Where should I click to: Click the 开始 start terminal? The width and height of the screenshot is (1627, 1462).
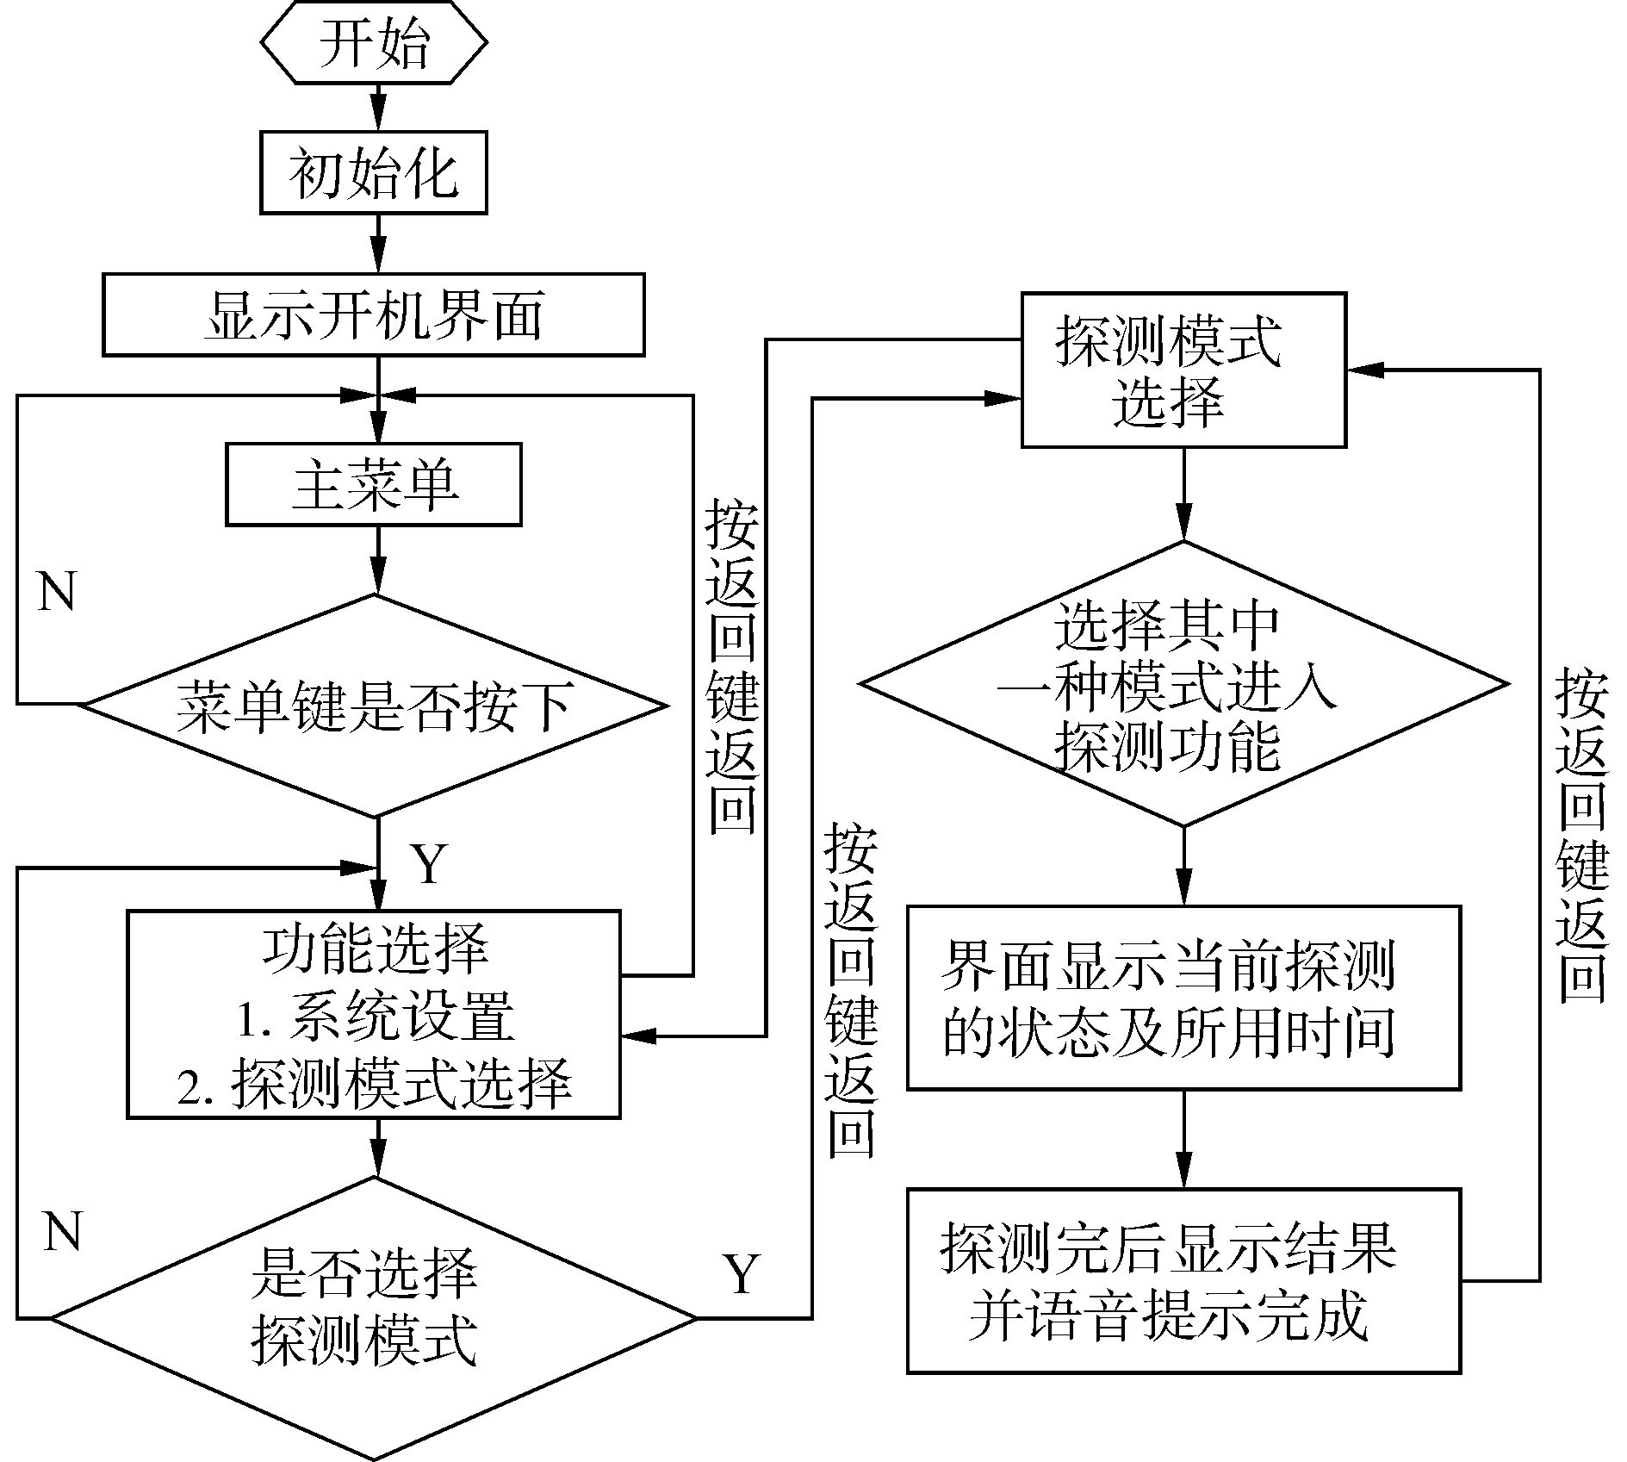(x=374, y=43)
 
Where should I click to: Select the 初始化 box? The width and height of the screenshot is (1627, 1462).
(x=374, y=172)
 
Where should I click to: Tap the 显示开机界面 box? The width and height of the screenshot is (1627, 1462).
(x=374, y=314)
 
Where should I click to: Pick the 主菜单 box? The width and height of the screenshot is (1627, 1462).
(x=374, y=484)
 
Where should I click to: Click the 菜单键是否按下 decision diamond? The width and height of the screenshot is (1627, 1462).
(x=374, y=706)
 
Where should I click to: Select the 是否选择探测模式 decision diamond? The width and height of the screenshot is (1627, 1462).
(x=374, y=1317)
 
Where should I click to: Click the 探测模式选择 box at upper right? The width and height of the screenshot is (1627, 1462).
(x=1183, y=370)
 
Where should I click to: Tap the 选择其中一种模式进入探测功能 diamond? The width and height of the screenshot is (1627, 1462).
(x=1183, y=684)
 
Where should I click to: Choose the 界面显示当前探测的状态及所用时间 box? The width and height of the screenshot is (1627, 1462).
(x=1183, y=998)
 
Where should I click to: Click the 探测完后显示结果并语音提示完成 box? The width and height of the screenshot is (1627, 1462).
(x=1183, y=1281)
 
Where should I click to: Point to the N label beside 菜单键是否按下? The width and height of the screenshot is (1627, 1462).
(x=57, y=592)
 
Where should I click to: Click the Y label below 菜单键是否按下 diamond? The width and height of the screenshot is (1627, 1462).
(x=428, y=863)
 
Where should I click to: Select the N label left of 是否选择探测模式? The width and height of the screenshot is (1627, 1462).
(x=62, y=1231)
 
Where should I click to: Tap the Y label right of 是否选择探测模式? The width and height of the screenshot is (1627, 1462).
(x=742, y=1274)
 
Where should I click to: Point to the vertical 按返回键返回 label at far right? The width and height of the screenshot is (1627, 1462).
(x=1581, y=836)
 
